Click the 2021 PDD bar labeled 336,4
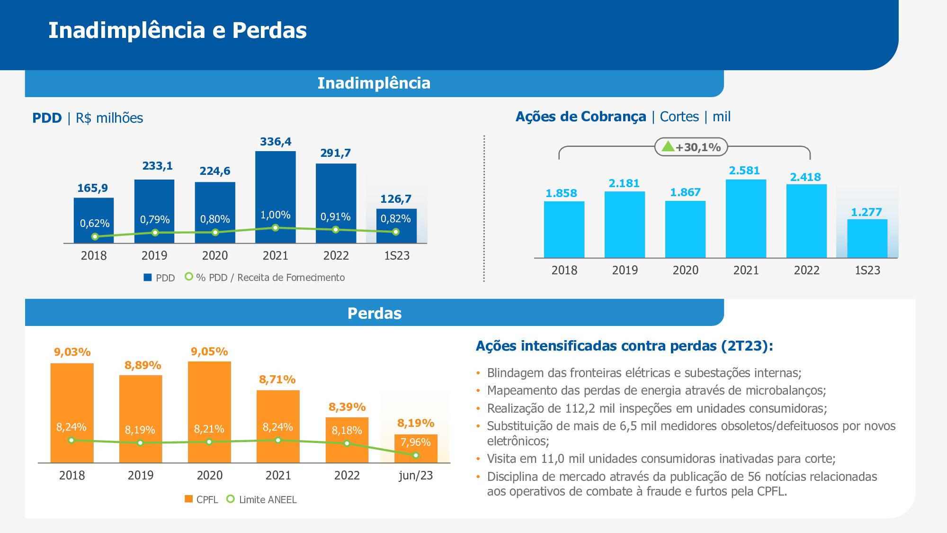point(275,190)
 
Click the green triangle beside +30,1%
point(668,146)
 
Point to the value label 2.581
point(744,171)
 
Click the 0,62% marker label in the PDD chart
point(95,223)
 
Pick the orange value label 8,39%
point(347,407)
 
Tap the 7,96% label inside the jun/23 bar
point(415,442)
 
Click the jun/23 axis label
point(416,475)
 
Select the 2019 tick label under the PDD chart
point(154,256)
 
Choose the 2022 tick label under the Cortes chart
point(806,271)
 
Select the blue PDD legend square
point(148,278)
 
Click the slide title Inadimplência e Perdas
point(178,30)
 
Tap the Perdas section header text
point(374,313)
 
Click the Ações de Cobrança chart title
point(581,117)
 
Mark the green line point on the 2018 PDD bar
point(95,236)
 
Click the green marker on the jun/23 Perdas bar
point(416,455)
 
